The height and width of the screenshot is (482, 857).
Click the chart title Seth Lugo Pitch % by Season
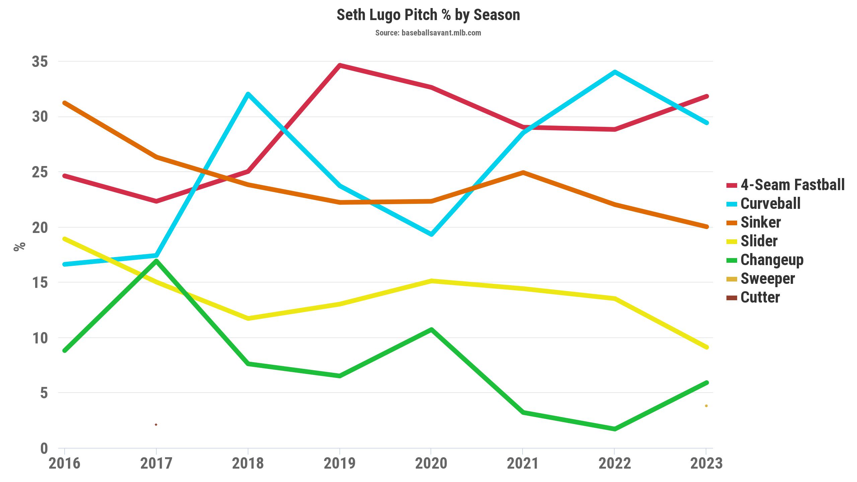click(428, 15)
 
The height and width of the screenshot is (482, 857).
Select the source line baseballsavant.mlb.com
click(428, 33)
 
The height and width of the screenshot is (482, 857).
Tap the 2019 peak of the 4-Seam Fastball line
click(339, 65)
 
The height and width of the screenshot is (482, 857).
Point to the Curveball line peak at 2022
click(615, 72)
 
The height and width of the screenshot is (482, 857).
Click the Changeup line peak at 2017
click(156, 261)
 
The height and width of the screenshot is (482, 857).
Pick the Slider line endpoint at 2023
click(706, 347)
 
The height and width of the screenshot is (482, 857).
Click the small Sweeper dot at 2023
click(706, 406)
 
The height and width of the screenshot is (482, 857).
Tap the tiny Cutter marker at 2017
click(156, 425)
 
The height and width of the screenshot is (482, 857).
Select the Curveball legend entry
click(770, 204)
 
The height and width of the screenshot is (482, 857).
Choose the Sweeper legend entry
click(768, 278)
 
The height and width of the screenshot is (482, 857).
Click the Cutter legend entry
click(760, 297)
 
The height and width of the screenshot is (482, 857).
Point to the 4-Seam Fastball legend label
click(792, 185)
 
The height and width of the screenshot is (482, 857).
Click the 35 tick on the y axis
click(40, 62)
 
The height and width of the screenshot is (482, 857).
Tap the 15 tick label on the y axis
click(40, 283)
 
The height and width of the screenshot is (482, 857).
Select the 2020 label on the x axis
click(431, 464)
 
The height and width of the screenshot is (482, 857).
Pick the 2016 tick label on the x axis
click(65, 464)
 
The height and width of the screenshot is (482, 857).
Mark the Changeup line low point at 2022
click(615, 429)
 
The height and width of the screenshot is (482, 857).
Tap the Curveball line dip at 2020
click(432, 234)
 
